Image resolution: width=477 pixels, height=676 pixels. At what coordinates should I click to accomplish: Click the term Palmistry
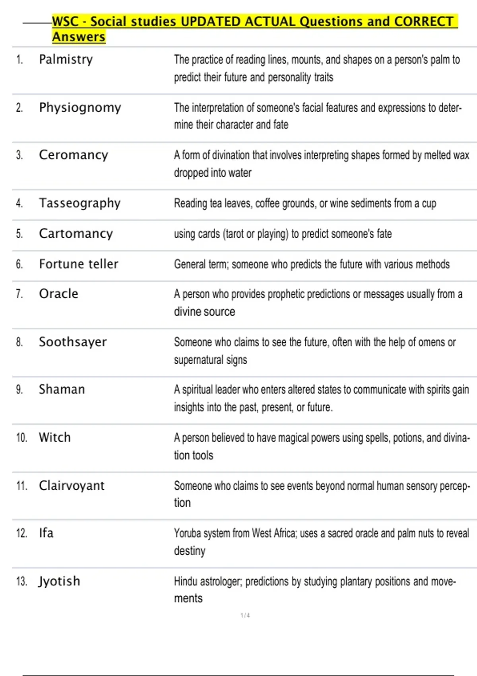coord(66,60)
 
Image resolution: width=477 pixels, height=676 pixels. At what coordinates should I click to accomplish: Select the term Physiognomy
coord(80,108)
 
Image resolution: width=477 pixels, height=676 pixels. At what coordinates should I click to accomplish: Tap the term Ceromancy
coord(73,155)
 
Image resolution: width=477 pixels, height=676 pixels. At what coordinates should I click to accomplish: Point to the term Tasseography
coord(79,203)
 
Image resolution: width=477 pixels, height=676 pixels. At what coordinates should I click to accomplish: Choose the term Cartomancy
coord(76,233)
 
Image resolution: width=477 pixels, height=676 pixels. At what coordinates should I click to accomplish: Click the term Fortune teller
coord(78,264)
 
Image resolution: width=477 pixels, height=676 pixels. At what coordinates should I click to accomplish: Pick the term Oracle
coord(58,294)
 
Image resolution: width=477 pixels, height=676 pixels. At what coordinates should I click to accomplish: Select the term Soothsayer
coord(73,342)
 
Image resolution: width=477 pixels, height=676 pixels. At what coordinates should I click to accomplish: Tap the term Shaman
coord(62,389)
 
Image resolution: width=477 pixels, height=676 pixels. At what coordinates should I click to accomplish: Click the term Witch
coord(54,437)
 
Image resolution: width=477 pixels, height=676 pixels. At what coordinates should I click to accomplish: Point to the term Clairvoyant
coord(72,486)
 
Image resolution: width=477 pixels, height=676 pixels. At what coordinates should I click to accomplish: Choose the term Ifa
coord(46,533)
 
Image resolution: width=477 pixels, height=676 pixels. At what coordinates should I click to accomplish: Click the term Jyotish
coord(59,581)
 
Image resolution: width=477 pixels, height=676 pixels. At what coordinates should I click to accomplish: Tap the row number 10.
coord(21,438)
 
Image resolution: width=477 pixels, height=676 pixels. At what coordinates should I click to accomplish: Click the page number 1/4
coord(245,616)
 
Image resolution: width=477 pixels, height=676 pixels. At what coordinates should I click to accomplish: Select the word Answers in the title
coord(79,37)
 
